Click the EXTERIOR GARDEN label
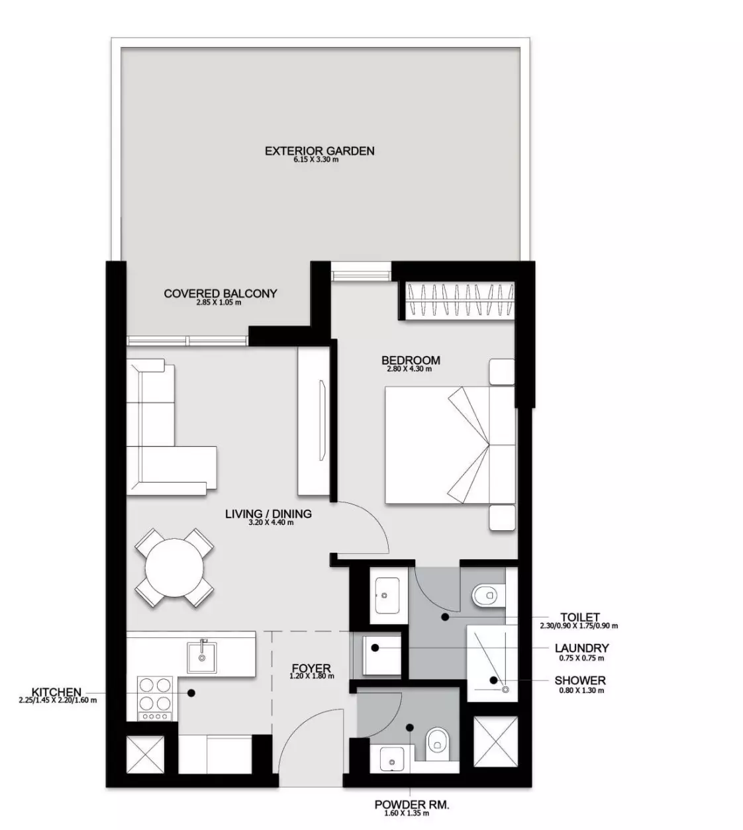319,151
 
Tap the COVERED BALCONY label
220,293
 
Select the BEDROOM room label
411,360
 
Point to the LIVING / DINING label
268,514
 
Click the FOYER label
311,669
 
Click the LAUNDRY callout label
581,648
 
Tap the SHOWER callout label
580,680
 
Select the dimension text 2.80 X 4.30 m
409,369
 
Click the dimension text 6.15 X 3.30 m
316,160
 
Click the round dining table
174,567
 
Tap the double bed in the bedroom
450,445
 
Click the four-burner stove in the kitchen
154,698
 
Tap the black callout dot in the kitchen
191,693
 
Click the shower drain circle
505,690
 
